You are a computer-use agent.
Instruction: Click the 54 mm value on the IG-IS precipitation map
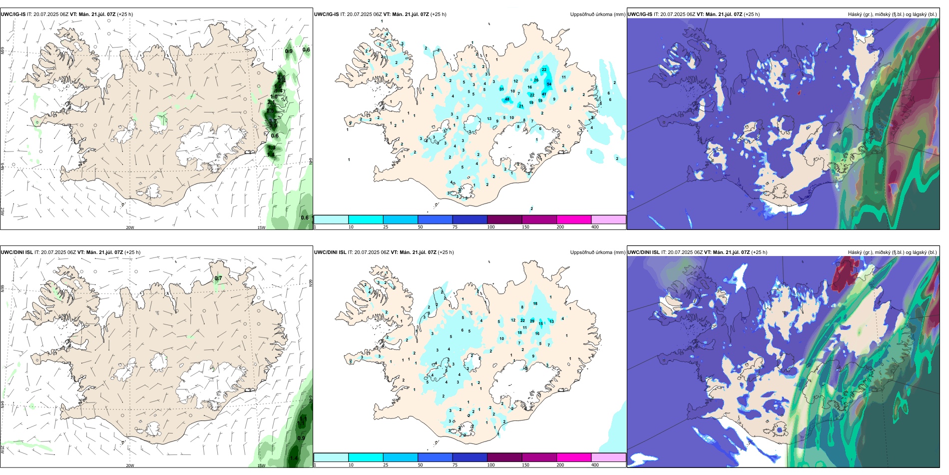tap(549, 84)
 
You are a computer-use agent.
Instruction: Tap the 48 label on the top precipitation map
tap(507, 99)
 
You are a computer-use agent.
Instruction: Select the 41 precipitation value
tap(544, 94)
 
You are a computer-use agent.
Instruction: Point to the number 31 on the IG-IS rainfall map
tap(501, 89)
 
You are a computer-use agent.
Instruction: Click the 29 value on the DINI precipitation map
tap(532, 321)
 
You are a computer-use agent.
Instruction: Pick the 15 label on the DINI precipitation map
tap(540, 324)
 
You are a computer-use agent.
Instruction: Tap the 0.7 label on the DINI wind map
tap(218, 278)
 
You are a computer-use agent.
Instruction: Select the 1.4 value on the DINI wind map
tap(294, 458)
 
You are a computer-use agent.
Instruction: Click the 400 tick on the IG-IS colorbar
tap(595, 227)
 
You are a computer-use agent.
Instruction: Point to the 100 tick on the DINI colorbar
tap(491, 465)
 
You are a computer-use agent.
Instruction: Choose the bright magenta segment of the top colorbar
tap(573, 219)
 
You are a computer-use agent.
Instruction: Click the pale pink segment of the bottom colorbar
tap(608, 457)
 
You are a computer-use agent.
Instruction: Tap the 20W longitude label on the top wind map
tap(130, 227)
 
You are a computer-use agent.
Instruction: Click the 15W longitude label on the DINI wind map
tap(261, 465)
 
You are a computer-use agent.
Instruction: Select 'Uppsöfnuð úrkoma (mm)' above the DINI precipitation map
tap(597, 252)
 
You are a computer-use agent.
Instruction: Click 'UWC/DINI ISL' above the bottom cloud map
tap(643, 252)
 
